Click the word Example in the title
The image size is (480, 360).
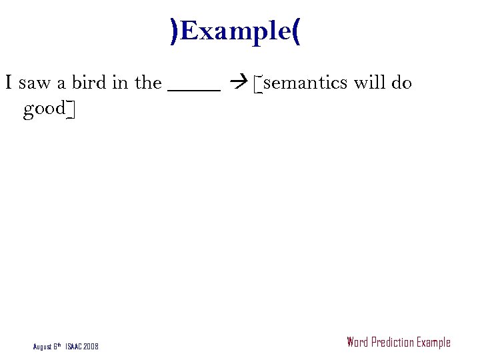236,31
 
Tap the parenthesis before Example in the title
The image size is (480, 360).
175,31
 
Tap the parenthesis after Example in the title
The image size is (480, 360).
296,31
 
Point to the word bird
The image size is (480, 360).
89,83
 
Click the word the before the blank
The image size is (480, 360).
148,83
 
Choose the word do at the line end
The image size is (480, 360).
402,83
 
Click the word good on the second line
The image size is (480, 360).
44,109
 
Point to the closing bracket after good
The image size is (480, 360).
70,109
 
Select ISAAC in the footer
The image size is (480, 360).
73,347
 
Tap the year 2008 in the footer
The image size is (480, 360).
91,347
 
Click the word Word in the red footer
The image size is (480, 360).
357,343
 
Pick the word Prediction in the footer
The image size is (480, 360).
393,343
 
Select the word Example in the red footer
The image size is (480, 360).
433,343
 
